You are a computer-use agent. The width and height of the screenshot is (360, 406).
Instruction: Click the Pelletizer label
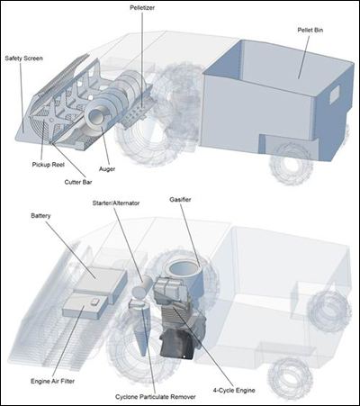tap(142, 8)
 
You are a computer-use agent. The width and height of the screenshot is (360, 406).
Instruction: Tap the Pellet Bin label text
tap(310, 30)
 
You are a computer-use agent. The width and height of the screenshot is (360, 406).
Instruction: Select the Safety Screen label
tap(23, 59)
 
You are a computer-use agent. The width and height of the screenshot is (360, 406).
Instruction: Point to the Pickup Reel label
tap(49, 165)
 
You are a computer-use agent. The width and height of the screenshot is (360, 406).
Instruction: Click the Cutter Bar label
tap(78, 182)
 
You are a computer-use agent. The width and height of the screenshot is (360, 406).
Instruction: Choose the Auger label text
tap(107, 169)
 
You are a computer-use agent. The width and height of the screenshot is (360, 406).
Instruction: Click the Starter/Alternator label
tap(116, 203)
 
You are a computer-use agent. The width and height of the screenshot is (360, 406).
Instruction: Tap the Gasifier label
tap(180, 200)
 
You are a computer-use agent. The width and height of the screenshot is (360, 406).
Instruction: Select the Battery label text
tap(40, 216)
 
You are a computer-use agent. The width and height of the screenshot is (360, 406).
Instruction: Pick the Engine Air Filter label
tap(53, 381)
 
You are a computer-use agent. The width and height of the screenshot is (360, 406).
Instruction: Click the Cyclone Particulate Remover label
tap(156, 397)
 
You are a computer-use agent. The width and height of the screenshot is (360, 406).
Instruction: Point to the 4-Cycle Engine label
tap(234, 391)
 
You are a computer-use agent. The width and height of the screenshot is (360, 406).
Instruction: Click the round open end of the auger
tap(96, 116)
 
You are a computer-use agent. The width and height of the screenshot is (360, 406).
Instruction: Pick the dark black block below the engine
tap(177, 343)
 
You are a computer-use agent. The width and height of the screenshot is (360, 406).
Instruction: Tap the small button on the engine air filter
tap(94, 302)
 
